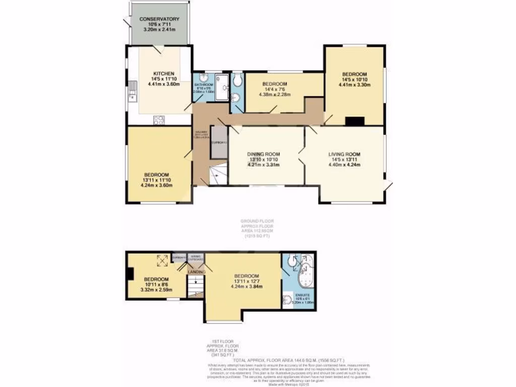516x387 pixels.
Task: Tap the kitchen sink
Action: pos(132,91)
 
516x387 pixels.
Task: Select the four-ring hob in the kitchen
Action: pos(159,119)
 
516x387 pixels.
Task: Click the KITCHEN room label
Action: pos(160,74)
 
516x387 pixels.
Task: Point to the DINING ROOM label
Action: pos(263,154)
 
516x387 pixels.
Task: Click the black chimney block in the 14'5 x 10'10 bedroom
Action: pos(355,121)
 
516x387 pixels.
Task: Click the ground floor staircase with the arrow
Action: pos(216,175)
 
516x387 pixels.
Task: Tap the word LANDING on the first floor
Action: pos(196,272)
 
